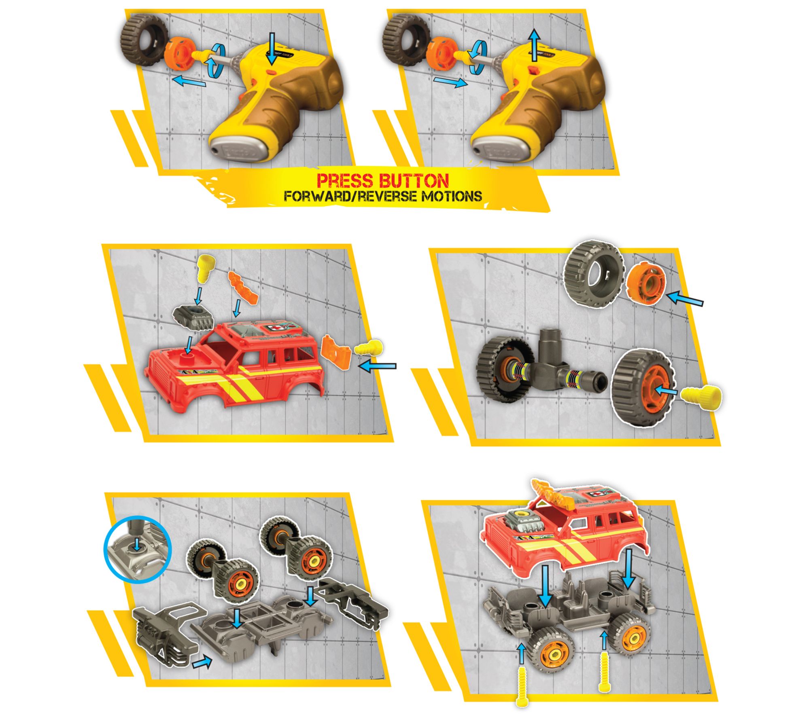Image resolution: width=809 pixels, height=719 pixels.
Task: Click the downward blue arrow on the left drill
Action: tap(272, 49)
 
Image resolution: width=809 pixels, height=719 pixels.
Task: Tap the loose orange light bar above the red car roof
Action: tap(244, 287)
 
